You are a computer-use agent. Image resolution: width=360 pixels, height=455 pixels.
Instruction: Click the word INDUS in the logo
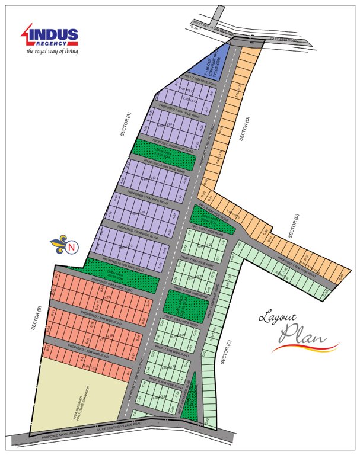click(54, 34)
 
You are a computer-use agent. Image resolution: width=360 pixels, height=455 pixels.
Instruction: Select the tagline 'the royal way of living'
click(52, 52)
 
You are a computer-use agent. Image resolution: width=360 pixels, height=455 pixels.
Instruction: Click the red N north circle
click(72, 247)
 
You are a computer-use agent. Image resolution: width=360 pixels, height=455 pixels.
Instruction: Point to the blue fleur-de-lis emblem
click(59, 243)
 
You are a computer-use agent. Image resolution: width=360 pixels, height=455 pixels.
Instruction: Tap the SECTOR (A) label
click(125, 125)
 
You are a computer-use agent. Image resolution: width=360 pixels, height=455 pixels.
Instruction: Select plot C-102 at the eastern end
click(324, 293)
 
